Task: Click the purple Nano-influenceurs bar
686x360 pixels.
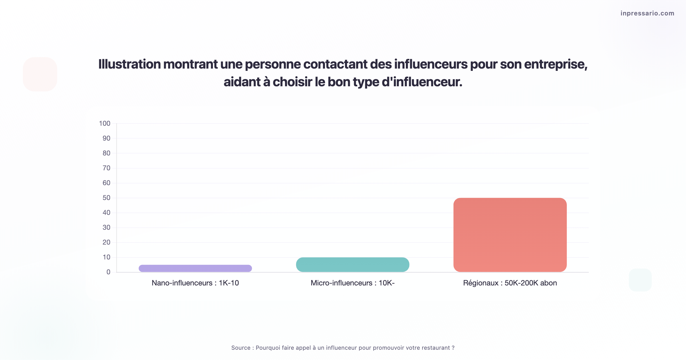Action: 195,268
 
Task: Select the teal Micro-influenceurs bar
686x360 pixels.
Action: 352,265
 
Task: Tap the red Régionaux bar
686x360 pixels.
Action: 510,235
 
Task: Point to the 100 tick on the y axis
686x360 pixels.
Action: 105,123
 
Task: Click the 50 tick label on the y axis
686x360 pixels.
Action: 106,198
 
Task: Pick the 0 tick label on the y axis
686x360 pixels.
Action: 108,272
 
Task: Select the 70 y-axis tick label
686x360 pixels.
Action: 106,168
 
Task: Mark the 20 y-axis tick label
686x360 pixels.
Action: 106,242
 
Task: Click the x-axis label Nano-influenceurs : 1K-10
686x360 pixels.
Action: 195,283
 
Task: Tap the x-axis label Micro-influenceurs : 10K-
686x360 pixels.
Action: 352,283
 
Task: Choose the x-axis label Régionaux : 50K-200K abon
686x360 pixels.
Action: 510,283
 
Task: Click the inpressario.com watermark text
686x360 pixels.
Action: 647,13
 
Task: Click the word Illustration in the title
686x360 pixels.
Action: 129,64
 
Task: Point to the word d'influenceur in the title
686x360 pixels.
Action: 422,82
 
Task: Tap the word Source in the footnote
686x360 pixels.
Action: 241,348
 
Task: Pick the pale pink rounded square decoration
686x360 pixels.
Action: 40,74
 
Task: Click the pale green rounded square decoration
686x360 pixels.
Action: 640,280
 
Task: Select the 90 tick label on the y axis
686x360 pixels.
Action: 106,138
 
